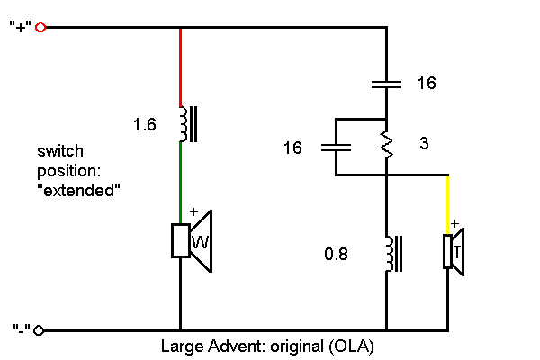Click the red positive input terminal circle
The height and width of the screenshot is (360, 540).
point(40,28)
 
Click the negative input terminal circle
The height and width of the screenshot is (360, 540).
point(40,330)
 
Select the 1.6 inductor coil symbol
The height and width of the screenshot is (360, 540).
point(185,124)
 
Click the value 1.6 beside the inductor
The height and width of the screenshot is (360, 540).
point(144,125)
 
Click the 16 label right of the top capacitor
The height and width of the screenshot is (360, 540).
point(427,84)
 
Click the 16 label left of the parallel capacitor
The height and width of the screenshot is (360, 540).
point(292,147)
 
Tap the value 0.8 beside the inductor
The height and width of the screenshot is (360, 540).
point(336,255)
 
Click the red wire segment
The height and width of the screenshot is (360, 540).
point(181,67)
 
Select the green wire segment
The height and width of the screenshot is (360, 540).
point(181,175)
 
